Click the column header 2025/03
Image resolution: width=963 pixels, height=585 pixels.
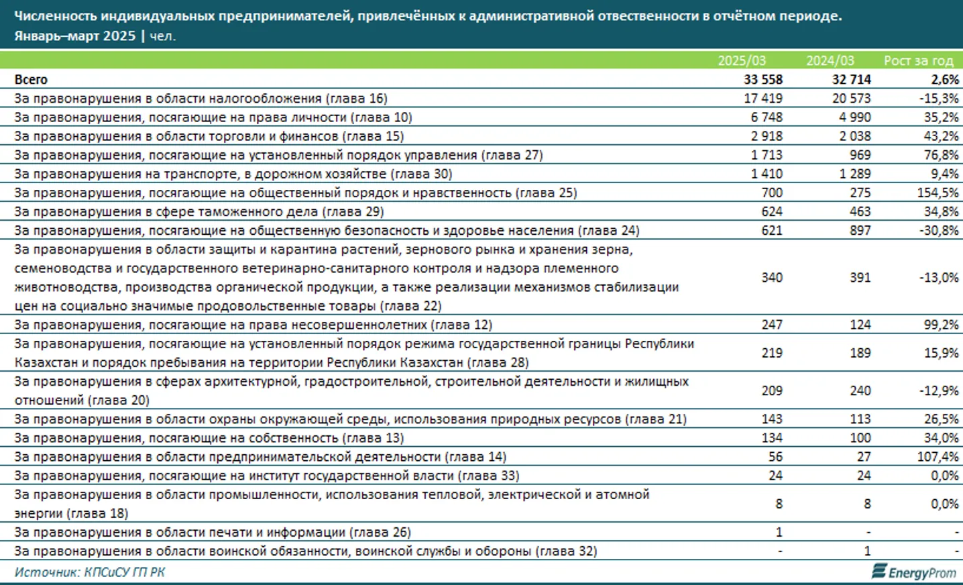[741, 60]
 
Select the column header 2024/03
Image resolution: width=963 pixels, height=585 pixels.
[830, 60]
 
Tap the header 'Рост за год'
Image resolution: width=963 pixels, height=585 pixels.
[918, 60]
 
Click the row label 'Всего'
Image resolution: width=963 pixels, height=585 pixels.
[31, 79]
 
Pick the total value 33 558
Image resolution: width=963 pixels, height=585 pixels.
[762, 79]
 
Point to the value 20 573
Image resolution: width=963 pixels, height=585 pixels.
[851, 98]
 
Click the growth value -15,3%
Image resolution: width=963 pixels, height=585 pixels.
[939, 98]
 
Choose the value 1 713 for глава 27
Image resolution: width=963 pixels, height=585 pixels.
[767, 155]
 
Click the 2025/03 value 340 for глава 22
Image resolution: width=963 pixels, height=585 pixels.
[772, 277]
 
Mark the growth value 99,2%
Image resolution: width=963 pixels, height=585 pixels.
[941, 325]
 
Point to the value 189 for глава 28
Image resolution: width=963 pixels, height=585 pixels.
[860, 353]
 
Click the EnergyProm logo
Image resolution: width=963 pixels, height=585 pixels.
[913, 572]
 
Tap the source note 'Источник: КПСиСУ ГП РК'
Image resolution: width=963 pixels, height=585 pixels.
[90, 572]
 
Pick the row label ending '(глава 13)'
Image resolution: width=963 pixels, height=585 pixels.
[209, 438]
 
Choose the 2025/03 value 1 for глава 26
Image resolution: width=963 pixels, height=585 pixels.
[779, 532]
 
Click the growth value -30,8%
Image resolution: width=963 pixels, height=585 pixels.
[939, 230]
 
